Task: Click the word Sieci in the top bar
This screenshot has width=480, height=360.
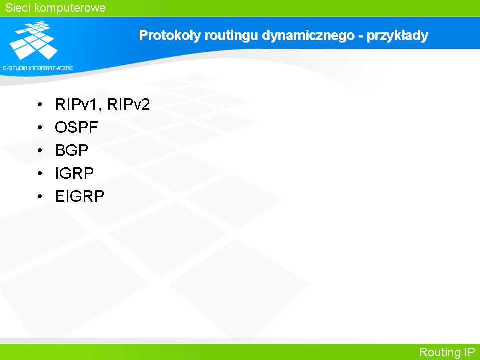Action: pos(17,8)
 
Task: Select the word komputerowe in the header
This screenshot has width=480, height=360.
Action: pos(70,8)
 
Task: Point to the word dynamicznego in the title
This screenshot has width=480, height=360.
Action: pos(308,36)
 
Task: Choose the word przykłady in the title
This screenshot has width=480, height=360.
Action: pos(397,36)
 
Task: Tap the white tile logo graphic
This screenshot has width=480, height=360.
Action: pos(33,40)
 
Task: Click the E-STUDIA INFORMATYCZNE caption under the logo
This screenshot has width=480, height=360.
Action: pos(38,68)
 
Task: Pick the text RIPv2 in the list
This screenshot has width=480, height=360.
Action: pos(128,104)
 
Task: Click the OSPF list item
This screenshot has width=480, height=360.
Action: pos(76,127)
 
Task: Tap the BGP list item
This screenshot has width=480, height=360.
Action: pos(72,150)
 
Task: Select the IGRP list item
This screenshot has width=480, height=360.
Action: pos(74,173)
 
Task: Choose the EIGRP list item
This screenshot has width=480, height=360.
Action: pos(80,196)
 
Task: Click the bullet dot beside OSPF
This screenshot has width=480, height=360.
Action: pos(40,127)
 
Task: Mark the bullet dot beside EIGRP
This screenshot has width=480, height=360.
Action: pos(40,196)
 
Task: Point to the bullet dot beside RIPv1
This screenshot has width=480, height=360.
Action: pos(40,104)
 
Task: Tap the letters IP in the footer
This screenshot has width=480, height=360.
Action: pos(470,352)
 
